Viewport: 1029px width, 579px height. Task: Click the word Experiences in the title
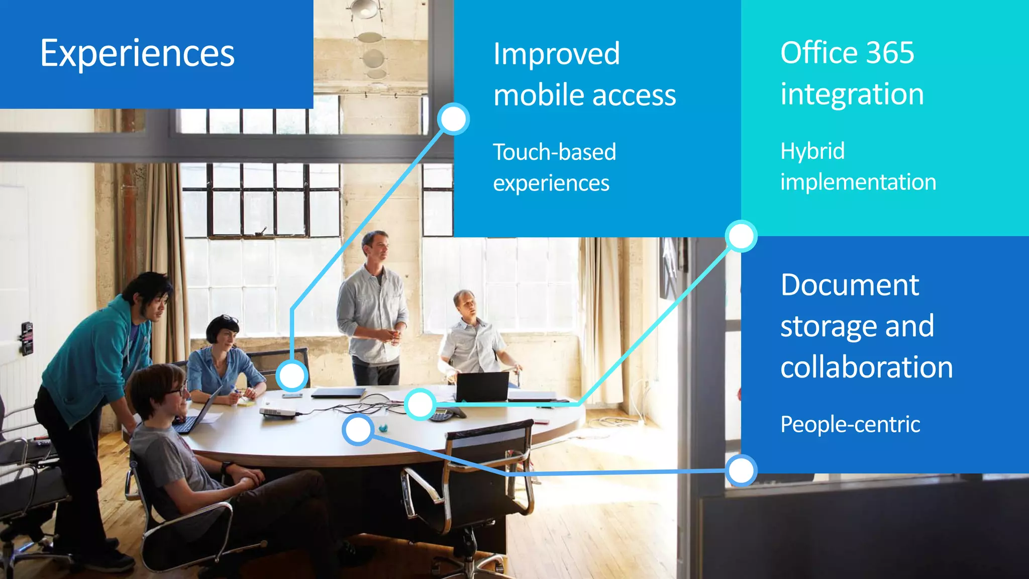point(137,53)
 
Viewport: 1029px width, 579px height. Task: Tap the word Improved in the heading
point(556,54)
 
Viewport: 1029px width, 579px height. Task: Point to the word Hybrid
point(812,151)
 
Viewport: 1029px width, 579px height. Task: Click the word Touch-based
point(554,152)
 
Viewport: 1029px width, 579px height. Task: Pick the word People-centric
point(850,424)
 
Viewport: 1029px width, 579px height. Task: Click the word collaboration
point(867,367)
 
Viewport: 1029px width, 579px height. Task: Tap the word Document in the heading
point(850,285)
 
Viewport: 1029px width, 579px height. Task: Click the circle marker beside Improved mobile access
point(453,119)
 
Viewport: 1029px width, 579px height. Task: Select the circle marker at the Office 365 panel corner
point(741,236)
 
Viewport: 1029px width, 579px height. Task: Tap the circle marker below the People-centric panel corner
point(741,470)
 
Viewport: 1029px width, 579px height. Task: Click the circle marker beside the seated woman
point(292,375)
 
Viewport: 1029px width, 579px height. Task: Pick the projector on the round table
point(277,413)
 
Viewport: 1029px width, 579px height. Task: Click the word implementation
point(858,182)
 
